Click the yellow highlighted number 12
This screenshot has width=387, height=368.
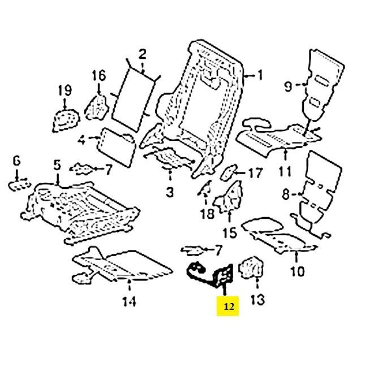(x=228, y=307)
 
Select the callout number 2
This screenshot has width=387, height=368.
(x=142, y=54)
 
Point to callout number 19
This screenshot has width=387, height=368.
(x=64, y=90)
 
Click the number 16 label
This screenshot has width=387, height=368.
(x=99, y=75)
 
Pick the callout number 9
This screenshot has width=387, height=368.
(x=288, y=86)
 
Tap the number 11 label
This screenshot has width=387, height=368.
(x=285, y=171)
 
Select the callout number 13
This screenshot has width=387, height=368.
(x=257, y=300)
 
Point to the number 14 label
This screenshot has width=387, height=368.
(x=129, y=302)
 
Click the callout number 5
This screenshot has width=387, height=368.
(x=57, y=165)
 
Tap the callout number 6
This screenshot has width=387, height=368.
(x=16, y=161)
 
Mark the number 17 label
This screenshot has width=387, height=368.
(x=256, y=172)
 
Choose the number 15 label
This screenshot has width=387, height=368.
(x=229, y=232)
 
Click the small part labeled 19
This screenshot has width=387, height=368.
(x=65, y=120)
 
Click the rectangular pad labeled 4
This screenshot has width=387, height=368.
(x=117, y=142)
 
